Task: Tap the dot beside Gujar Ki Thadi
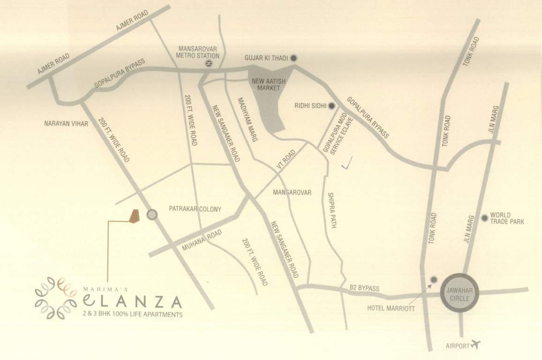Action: pos(294,58)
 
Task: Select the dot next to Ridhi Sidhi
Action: pos(332,106)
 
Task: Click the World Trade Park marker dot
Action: pos(484,218)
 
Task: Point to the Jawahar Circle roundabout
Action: pos(459,292)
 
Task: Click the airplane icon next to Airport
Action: pos(477,345)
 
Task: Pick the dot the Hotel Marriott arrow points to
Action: pos(434,279)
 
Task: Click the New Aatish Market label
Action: pos(266,84)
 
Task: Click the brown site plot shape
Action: pos(134,216)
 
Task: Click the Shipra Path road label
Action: pos(332,210)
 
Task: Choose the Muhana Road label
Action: pos(201,240)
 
